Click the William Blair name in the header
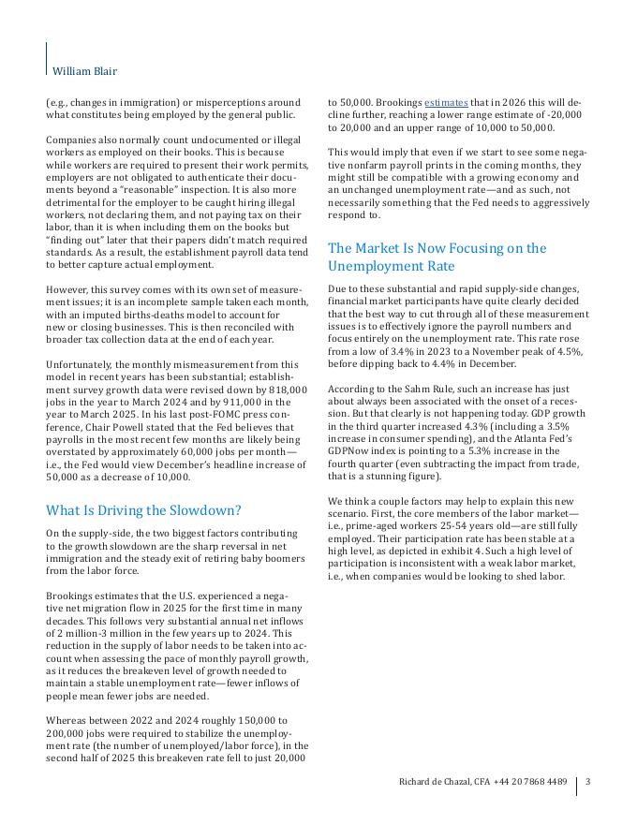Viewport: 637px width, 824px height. point(84,71)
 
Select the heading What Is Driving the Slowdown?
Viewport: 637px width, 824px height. point(143,510)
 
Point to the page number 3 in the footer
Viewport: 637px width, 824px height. point(587,782)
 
